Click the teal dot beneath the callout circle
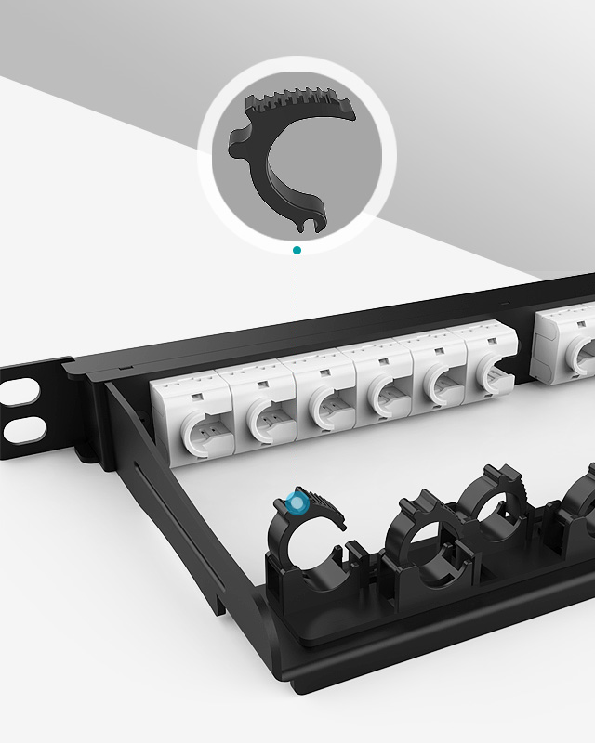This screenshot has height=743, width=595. click(x=297, y=250)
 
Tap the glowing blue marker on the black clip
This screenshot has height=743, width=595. click(x=296, y=502)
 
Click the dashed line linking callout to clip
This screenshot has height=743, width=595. click(x=297, y=371)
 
